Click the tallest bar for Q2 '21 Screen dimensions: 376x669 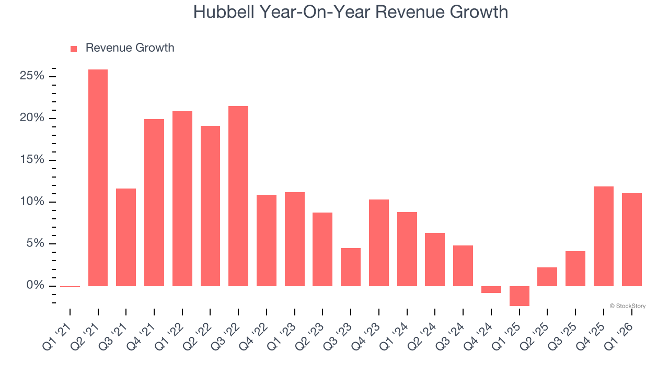pos(98,178)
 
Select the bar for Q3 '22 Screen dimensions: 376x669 pos(238,196)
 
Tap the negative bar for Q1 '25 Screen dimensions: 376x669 pos(519,296)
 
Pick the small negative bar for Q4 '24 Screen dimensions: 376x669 pos(491,289)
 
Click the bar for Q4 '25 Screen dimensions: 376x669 pos(604,236)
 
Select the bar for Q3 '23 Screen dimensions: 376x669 pos(351,267)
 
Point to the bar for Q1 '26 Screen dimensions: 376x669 pos(631,239)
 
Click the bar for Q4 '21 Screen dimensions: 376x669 pos(154,203)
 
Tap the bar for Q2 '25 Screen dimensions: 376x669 pos(547,277)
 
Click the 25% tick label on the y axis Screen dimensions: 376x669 pos(32,76)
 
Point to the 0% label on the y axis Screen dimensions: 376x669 pos(35,286)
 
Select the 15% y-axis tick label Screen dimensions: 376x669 pos(32,160)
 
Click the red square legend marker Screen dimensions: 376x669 pos(74,49)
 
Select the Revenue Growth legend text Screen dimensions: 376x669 pos(130,48)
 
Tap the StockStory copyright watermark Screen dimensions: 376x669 pos(627,306)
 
